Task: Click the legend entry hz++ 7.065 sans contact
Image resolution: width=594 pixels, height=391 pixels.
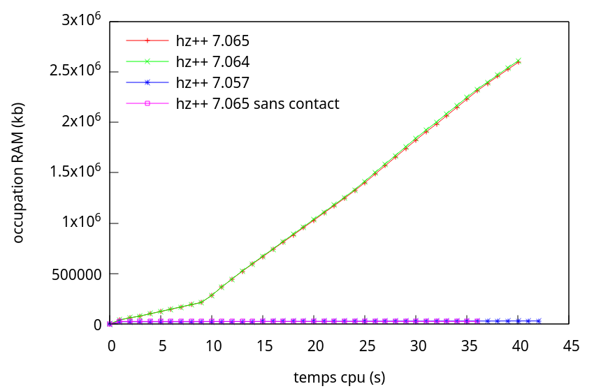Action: coord(258,104)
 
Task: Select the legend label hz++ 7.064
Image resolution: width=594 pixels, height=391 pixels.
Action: coord(213,61)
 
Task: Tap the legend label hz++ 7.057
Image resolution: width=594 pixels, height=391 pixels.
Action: coord(213,82)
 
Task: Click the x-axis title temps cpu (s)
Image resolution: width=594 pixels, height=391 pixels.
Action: coord(340,377)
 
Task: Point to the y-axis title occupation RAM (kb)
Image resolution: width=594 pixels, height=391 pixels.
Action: coord(17,173)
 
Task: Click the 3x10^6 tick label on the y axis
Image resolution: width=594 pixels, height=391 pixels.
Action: coord(82,19)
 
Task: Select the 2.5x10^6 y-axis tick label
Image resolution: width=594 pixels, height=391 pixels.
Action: coord(75,70)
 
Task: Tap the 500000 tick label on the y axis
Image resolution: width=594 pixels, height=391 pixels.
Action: coord(77,274)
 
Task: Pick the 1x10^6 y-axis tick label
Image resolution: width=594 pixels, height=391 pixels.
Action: coord(82,221)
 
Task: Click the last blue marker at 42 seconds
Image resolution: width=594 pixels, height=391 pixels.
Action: coord(539,321)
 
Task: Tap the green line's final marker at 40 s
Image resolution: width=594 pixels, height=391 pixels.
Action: coord(519,61)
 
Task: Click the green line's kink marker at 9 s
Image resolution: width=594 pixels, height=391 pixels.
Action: coord(201,302)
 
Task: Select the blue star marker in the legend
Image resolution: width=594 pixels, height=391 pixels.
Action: coord(147,82)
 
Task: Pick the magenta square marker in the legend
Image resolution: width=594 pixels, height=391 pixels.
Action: coord(147,103)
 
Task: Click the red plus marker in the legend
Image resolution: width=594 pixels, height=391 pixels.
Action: coord(147,40)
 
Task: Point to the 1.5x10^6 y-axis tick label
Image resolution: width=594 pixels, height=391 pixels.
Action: coord(75,171)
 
